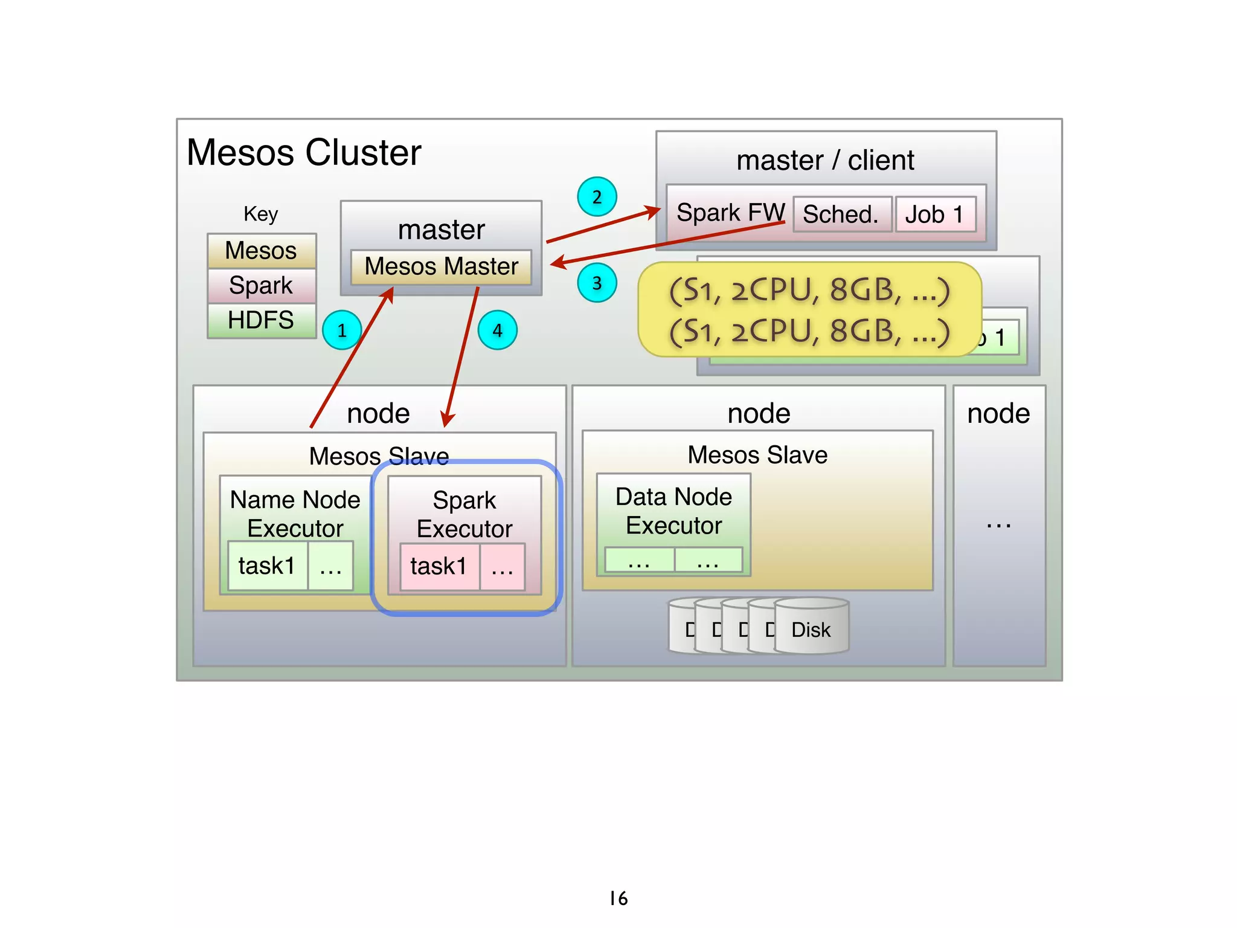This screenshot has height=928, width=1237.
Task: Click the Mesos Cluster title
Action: tap(304, 152)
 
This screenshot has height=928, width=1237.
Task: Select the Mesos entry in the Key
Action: tap(261, 251)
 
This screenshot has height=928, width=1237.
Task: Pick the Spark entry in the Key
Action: tap(261, 285)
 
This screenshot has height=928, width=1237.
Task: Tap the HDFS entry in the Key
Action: tap(261, 320)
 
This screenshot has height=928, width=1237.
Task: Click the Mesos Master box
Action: tap(441, 266)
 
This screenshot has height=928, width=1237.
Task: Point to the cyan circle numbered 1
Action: tap(342, 330)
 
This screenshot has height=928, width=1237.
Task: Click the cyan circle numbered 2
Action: tap(597, 197)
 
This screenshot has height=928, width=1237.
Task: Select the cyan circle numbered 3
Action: tap(597, 283)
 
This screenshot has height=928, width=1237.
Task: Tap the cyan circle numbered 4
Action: tap(497, 330)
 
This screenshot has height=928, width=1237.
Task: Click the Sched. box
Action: tap(841, 214)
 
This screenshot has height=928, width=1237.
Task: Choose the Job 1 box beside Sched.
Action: tap(934, 214)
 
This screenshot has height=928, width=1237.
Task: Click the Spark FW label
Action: tap(730, 213)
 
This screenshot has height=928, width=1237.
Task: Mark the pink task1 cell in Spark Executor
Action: tap(439, 567)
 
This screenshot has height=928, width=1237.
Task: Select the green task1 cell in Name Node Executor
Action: tap(267, 566)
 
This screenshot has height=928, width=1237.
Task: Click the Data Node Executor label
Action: tap(673, 511)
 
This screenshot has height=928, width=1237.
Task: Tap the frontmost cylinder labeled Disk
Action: tap(811, 630)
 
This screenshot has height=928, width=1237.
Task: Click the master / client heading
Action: tap(825, 161)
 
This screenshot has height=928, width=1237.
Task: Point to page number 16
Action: tap(618, 898)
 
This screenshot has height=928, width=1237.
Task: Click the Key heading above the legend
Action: tap(261, 214)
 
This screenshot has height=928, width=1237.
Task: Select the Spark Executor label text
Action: tap(464, 515)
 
